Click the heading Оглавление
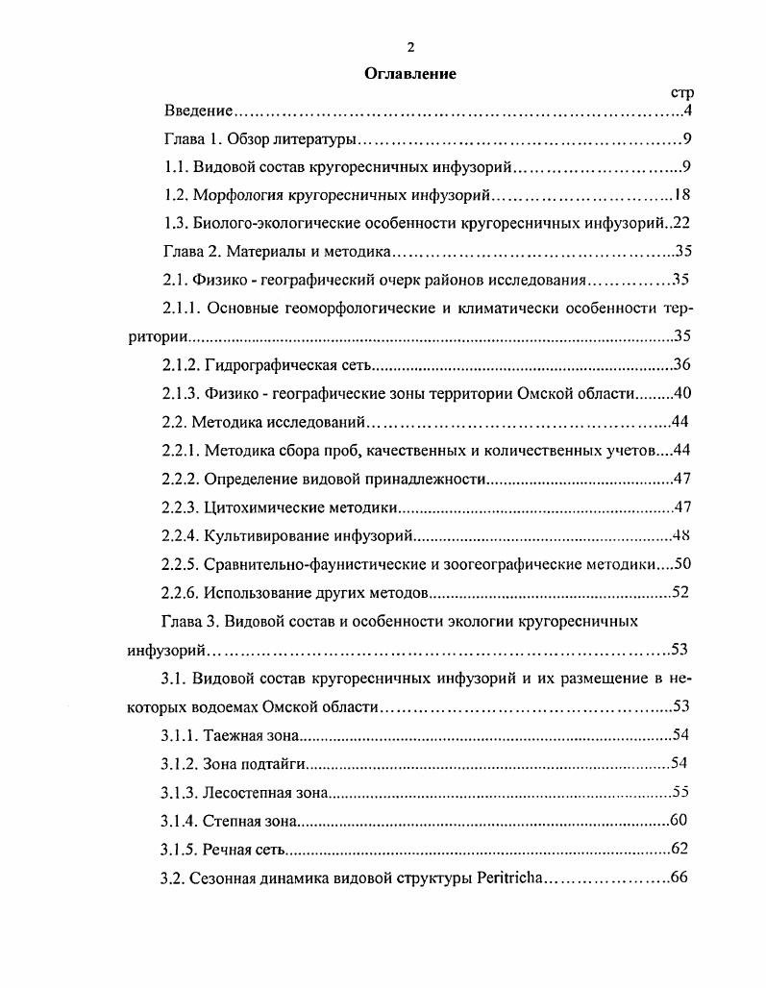[409, 73]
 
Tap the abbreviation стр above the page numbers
[681, 93]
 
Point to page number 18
[683, 195]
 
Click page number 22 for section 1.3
[683, 223]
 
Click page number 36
[683, 365]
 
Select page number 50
[683, 563]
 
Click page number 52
[680, 592]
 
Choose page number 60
[680, 821]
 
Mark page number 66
[680, 878]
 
